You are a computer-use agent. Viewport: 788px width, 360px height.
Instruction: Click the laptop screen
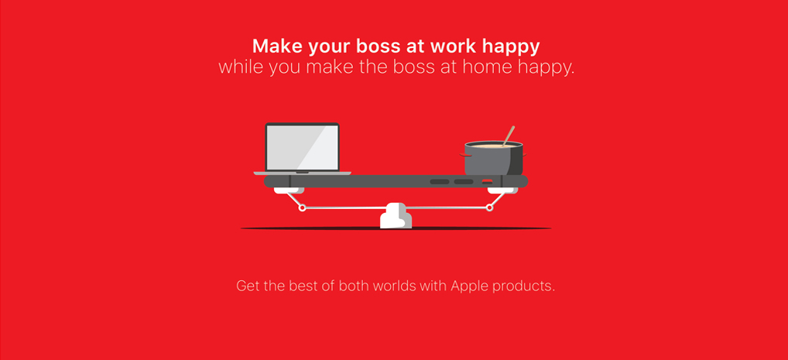[x=302, y=147]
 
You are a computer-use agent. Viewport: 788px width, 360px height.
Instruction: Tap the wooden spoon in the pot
[x=508, y=135]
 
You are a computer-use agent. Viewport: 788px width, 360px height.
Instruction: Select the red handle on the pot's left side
[x=463, y=156]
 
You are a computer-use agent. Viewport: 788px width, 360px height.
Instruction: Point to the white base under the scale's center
[x=396, y=215]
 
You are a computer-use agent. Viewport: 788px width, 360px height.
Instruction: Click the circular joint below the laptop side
[x=302, y=207]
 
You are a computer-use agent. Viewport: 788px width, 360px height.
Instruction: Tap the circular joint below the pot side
[x=490, y=207]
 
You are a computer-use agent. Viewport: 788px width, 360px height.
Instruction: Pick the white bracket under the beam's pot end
[x=502, y=190]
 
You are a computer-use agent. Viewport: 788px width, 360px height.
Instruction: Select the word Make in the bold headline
[x=277, y=46]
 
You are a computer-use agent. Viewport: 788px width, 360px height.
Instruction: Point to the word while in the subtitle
[x=242, y=67]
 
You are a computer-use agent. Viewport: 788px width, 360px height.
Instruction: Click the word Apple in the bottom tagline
[x=470, y=286]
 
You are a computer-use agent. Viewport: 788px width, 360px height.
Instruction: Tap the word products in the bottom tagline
[x=523, y=287]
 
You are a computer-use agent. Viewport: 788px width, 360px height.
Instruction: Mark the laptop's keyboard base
[x=303, y=173]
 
